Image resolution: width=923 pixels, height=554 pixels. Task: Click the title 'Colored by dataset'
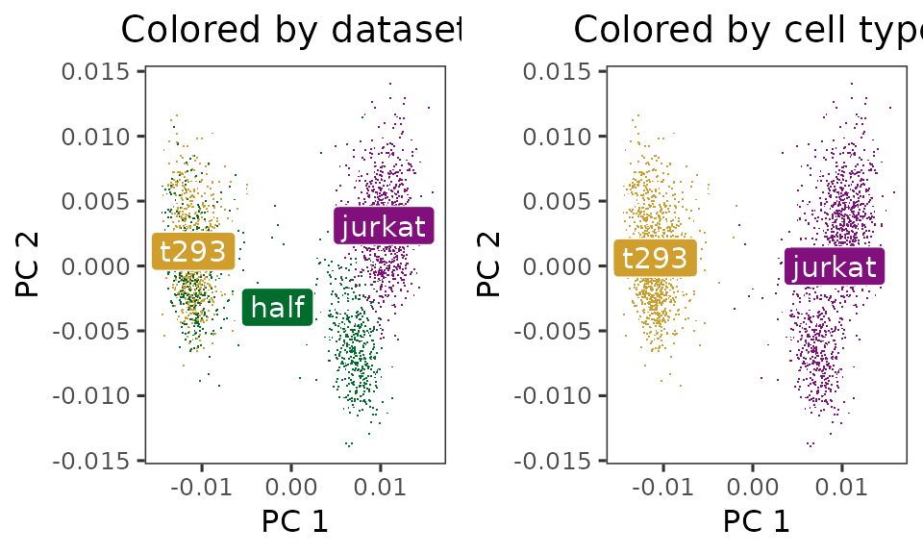click(x=291, y=31)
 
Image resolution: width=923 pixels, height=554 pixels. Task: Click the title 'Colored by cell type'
click(x=746, y=31)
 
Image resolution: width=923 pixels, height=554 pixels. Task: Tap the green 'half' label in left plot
click(x=277, y=307)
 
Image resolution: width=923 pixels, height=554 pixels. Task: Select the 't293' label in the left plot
click(x=193, y=251)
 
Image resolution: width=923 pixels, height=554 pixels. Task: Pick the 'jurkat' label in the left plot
click(x=384, y=226)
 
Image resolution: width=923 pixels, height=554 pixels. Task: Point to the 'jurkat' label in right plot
click(x=835, y=266)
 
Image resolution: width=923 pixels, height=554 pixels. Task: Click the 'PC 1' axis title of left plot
click(x=294, y=521)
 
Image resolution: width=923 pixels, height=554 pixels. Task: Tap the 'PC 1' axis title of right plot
click(x=757, y=521)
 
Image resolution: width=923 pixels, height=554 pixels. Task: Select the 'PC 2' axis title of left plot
click(x=29, y=265)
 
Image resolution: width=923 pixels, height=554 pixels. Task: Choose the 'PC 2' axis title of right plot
click(x=490, y=265)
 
